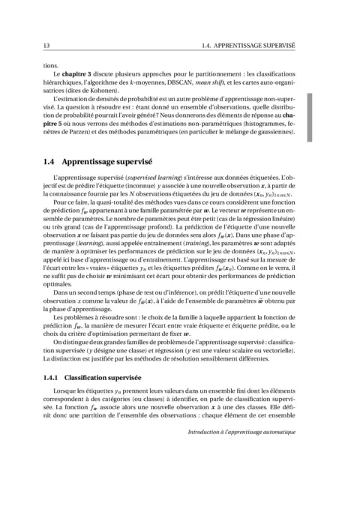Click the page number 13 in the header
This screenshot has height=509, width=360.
(47, 46)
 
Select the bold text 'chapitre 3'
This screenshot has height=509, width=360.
(82, 76)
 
